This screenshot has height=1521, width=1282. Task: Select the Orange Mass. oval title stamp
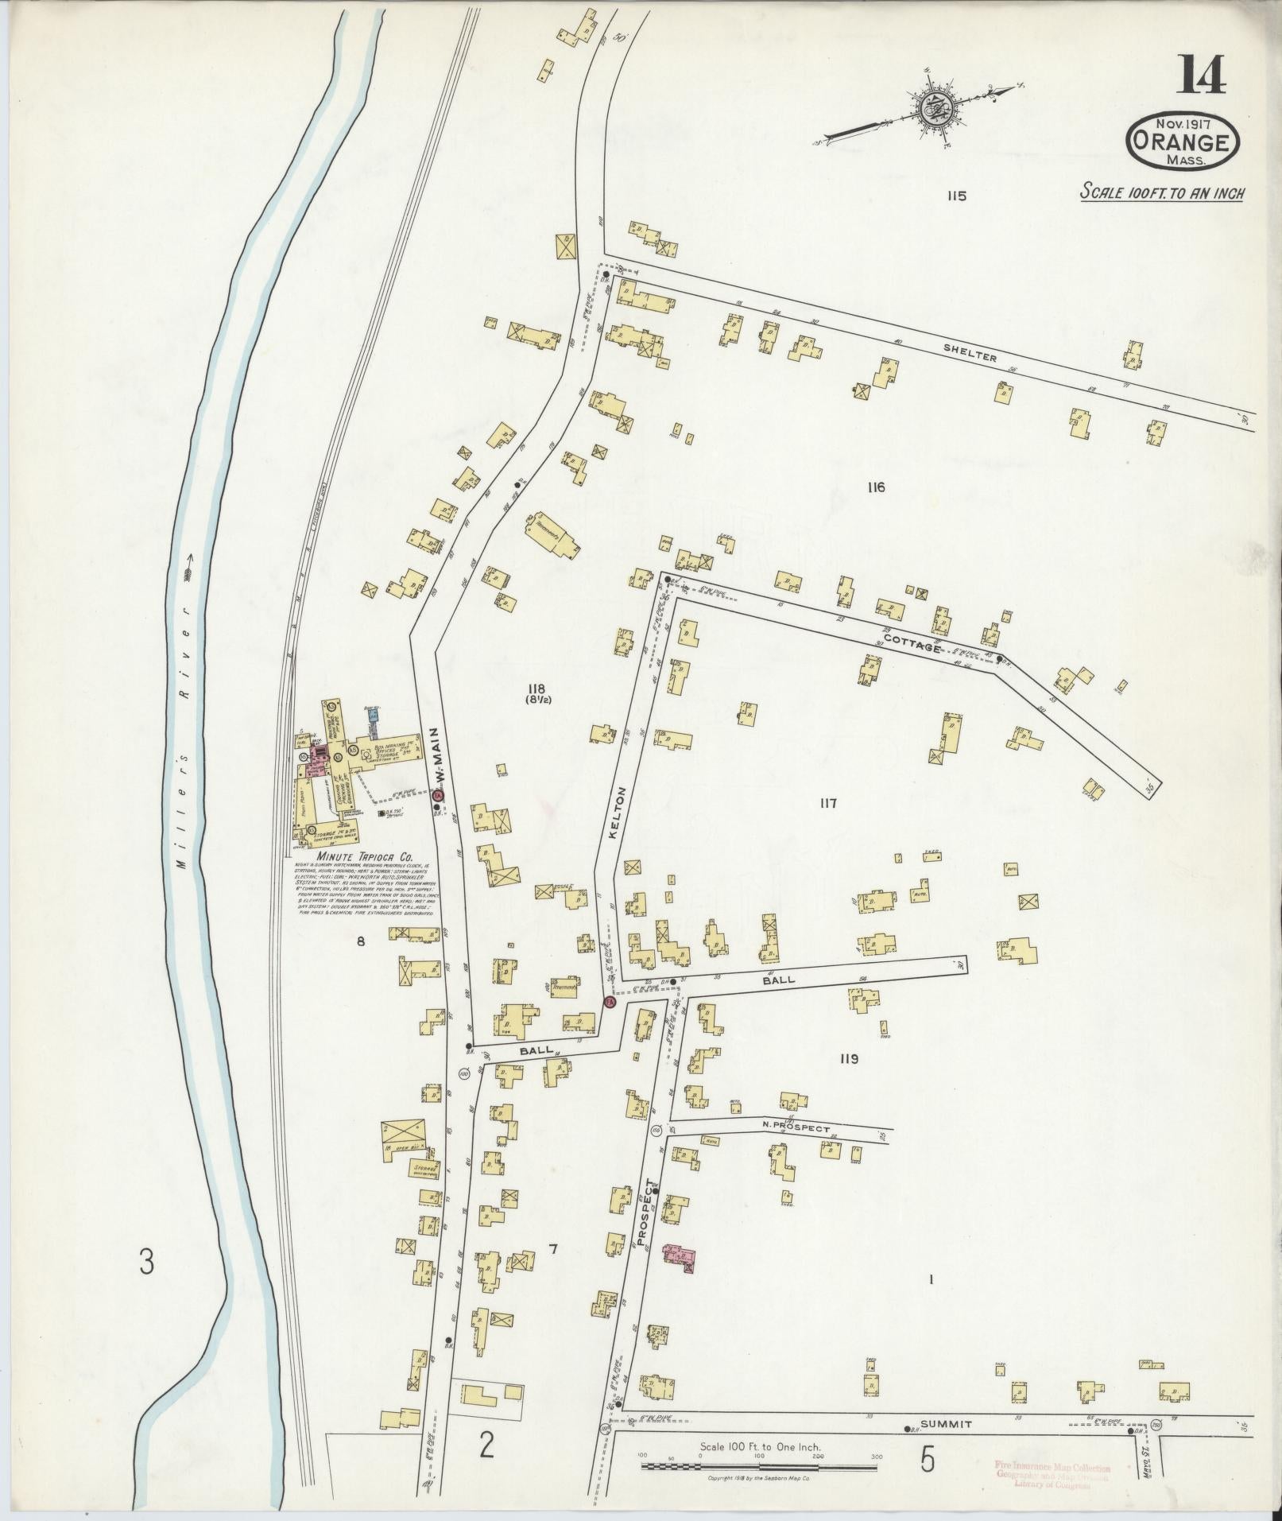[1183, 142]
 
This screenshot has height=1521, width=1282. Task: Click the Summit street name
[941, 1423]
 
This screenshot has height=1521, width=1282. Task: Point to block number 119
[848, 1059]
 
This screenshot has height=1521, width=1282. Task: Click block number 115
[955, 196]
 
